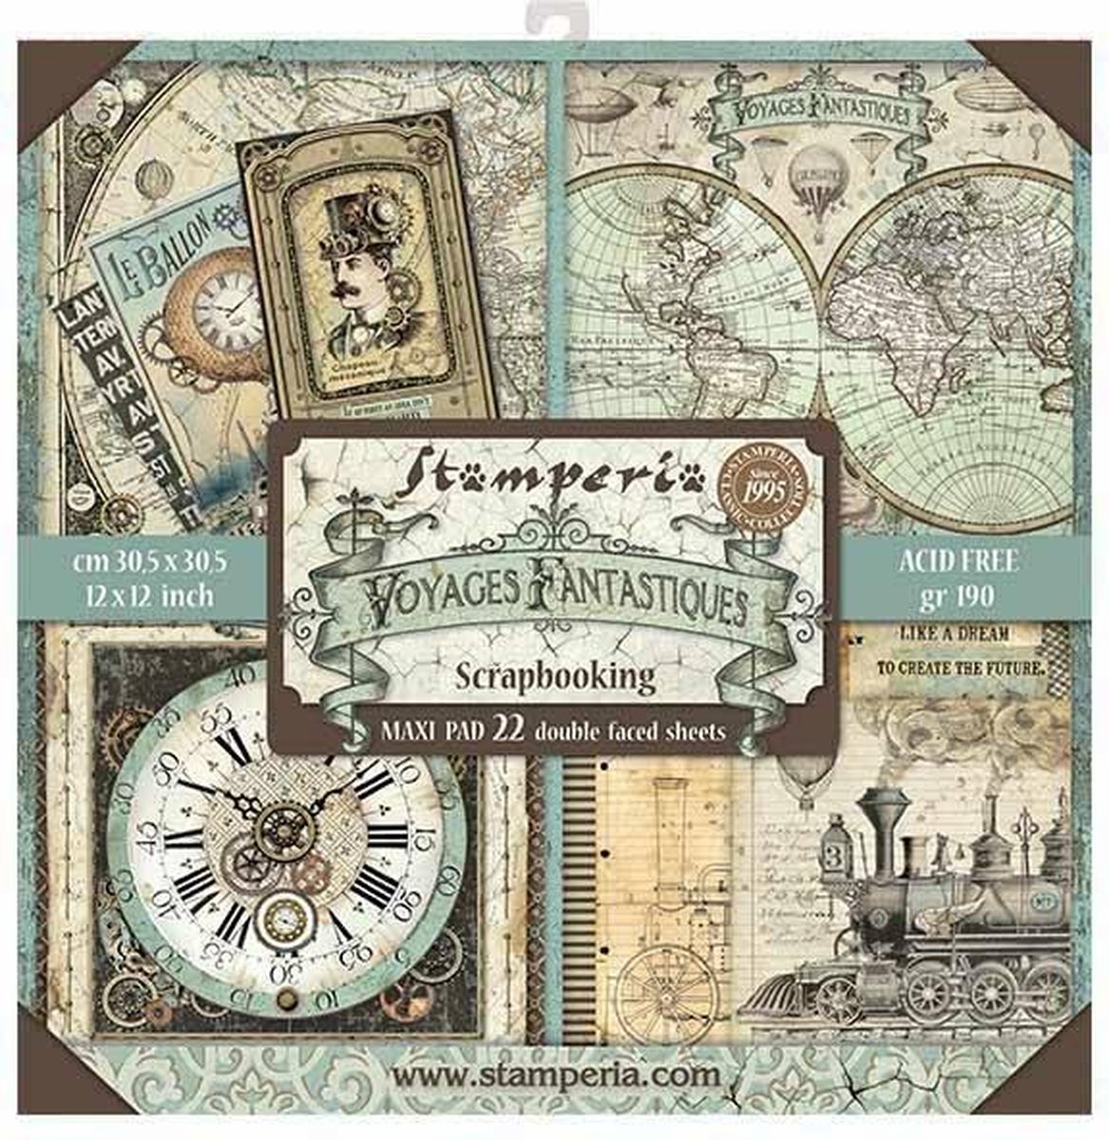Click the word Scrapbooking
[x=556, y=676]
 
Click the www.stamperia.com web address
[x=556, y=1076]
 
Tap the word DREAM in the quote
[x=983, y=632]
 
